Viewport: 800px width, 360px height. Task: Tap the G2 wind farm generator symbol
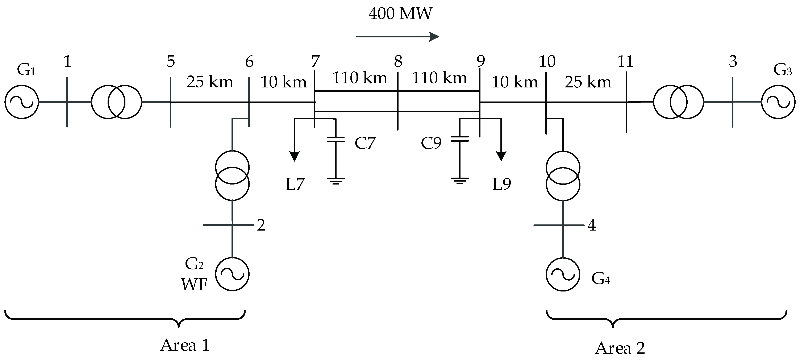tap(232, 274)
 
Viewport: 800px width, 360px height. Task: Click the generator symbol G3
tap(778, 102)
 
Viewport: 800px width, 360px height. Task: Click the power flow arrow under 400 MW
tap(397, 37)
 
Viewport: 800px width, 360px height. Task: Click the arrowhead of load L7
tap(294, 156)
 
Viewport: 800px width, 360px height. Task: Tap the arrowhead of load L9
tap(501, 156)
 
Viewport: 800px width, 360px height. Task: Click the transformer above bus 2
tap(232, 175)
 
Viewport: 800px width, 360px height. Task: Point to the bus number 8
tap(398, 62)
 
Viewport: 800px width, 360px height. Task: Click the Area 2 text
tap(620, 348)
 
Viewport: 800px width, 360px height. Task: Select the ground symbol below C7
tap(336, 181)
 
